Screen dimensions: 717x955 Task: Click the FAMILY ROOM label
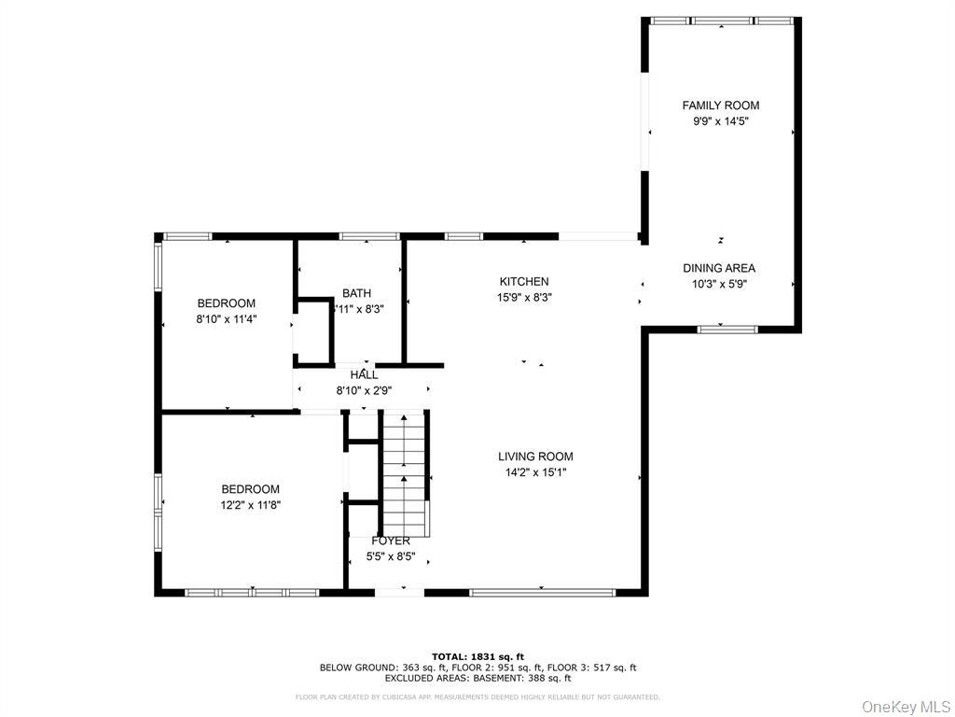coord(720,105)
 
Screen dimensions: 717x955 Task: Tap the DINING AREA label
coord(718,268)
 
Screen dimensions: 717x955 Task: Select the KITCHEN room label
coord(523,281)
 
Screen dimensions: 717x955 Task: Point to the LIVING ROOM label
coord(535,457)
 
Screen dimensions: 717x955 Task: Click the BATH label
coord(356,292)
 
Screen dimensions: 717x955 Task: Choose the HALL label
coord(364,374)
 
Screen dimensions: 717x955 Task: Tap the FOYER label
coord(391,541)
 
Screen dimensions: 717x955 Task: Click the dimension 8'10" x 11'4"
coord(226,319)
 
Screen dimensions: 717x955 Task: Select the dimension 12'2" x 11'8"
coord(250,505)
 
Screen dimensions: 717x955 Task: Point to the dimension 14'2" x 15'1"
coord(535,472)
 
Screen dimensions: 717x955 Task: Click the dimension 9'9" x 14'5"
coord(720,121)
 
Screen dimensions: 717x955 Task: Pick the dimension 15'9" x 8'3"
coord(523,298)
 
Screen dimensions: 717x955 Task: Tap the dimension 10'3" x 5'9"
coord(718,284)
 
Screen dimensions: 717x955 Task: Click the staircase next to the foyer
coord(403,476)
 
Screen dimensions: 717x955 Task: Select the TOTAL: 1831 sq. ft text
coord(477,656)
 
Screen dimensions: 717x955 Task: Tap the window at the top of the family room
coord(721,20)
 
